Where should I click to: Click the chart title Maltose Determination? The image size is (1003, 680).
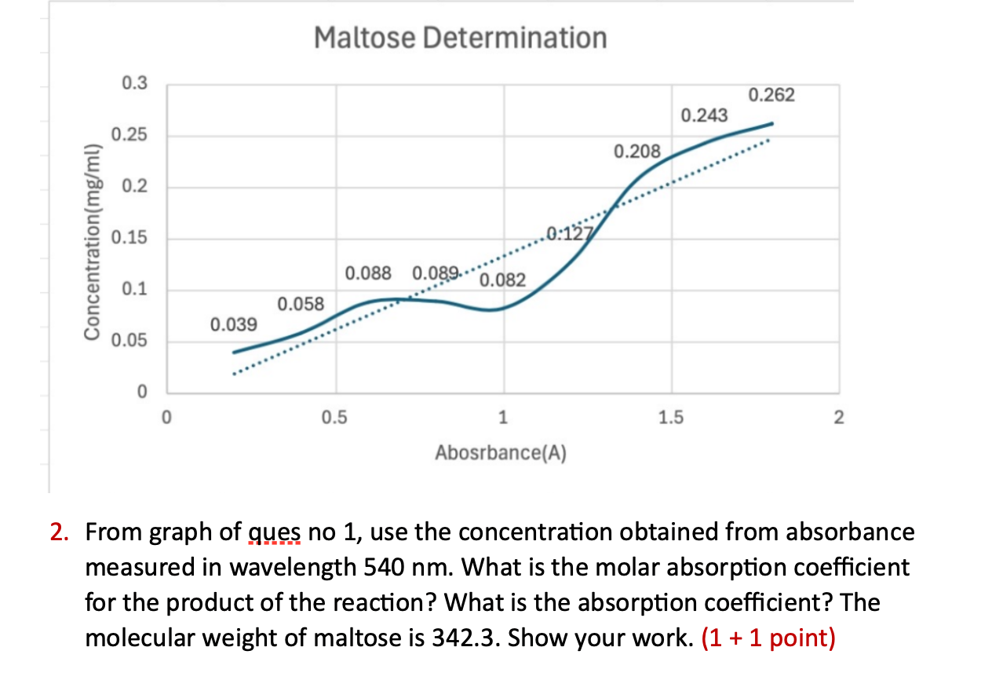pyautogui.click(x=461, y=37)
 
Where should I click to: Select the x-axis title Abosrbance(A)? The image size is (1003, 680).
pyautogui.click(x=502, y=453)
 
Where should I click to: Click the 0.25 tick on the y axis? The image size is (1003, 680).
pyautogui.click(x=129, y=136)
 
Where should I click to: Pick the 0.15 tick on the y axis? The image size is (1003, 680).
pyautogui.click(x=129, y=239)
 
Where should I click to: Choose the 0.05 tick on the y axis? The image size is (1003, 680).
pyautogui.click(x=129, y=342)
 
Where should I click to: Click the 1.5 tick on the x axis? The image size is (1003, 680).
pyautogui.click(x=671, y=418)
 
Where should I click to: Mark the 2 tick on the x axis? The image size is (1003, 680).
pyautogui.click(x=839, y=418)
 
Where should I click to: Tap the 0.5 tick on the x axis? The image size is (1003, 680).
pyautogui.click(x=336, y=418)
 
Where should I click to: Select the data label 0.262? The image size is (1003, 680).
pyautogui.click(x=771, y=96)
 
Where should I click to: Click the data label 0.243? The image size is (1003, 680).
pyautogui.click(x=704, y=116)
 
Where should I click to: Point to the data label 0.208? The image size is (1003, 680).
pyautogui.click(x=637, y=151)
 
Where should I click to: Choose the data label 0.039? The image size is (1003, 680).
pyautogui.click(x=233, y=324)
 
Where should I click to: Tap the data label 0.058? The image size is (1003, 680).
pyautogui.click(x=301, y=303)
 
